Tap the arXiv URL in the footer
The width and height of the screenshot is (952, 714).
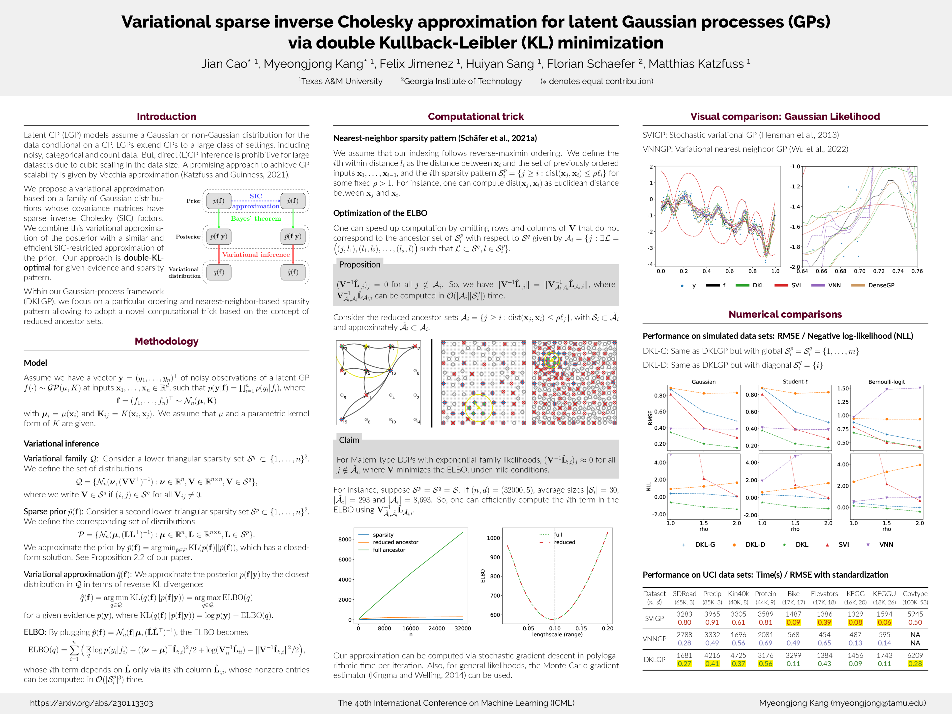point(91,703)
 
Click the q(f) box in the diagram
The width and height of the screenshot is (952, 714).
point(219,272)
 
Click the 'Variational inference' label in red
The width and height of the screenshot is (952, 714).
point(256,254)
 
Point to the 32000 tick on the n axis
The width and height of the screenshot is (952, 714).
point(463,628)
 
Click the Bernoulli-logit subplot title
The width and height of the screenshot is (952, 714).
point(887,382)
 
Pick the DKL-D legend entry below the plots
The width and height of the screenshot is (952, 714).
point(755,544)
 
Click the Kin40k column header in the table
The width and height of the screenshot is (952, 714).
point(738,594)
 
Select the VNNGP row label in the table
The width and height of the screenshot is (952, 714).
point(654,639)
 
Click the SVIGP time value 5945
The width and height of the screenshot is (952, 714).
point(915,614)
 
